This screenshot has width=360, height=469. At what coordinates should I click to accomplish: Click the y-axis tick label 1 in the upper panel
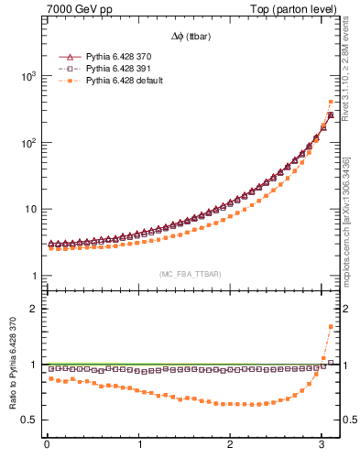(33, 277)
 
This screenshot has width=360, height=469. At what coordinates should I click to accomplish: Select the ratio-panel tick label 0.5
(28, 420)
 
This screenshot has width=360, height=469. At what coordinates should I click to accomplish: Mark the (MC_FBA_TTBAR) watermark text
(191, 274)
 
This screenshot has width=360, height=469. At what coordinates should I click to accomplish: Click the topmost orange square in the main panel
(330, 102)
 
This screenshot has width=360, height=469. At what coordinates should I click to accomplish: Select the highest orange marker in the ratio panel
(330, 326)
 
